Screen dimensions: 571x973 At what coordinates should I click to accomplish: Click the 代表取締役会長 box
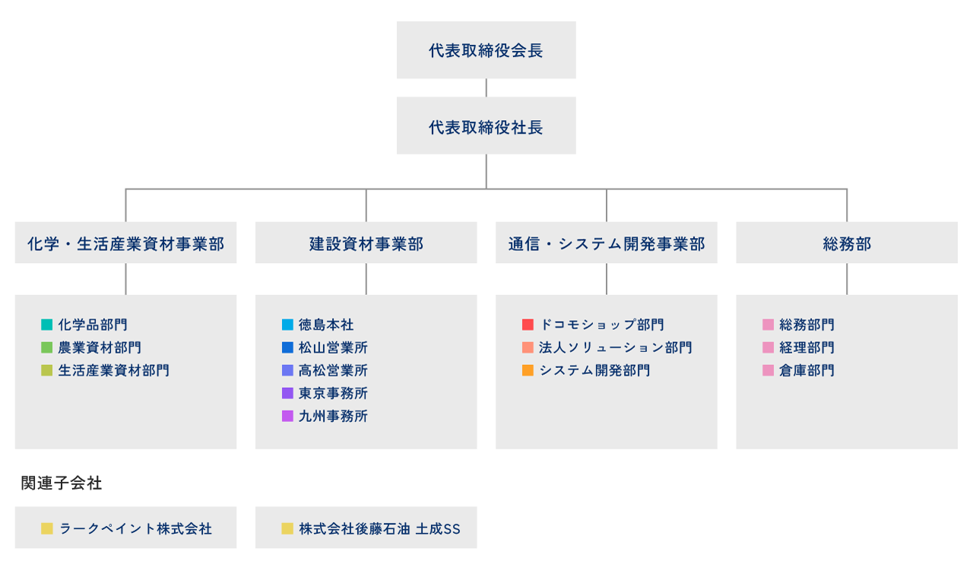coord(486,50)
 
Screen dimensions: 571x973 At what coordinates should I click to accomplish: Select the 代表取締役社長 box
coord(486,126)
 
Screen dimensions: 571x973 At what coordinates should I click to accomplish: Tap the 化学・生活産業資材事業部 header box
coord(125,243)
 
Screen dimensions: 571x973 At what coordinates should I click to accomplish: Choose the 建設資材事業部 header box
coord(366,243)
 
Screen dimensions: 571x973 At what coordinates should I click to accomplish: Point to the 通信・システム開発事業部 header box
coord(606,243)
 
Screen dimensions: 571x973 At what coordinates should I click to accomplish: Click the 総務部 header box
coord(846,243)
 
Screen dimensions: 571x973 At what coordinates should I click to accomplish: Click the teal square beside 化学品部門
coord(47,325)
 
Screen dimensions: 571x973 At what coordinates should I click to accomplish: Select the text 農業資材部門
coord(100,347)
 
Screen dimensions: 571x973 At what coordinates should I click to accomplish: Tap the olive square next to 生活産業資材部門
coord(47,370)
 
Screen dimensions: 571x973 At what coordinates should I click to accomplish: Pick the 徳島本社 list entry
coord(326,325)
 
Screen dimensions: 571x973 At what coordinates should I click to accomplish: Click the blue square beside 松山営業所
coord(287,347)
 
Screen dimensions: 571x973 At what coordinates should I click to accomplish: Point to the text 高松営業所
coord(333,370)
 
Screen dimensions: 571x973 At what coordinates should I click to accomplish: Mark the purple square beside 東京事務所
coord(287,393)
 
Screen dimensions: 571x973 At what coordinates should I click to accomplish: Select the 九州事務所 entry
coord(333,416)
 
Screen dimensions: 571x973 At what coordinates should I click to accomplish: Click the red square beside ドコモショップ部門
coord(528,325)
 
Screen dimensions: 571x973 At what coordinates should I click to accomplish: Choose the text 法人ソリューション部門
coord(615,347)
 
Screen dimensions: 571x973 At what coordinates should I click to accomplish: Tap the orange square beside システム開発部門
coord(528,370)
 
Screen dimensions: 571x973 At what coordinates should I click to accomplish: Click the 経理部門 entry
coord(807,347)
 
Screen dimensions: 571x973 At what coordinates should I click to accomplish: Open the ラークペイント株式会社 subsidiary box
coord(125,528)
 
